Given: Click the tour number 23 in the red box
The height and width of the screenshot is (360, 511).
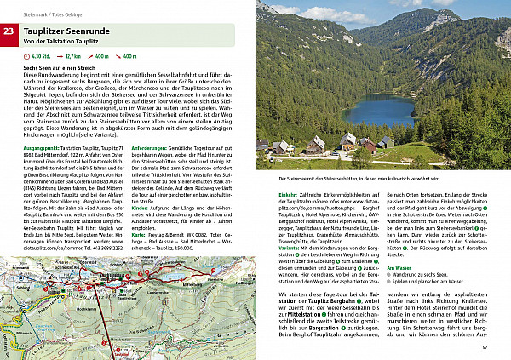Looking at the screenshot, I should click(x=9, y=33).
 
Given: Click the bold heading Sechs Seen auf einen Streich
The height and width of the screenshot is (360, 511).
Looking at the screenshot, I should click(x=60, y=67).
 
